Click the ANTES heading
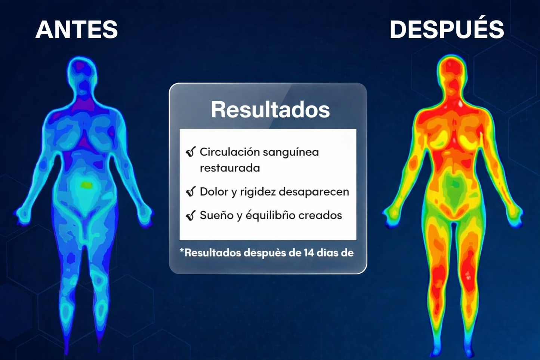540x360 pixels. (x=77, y=30)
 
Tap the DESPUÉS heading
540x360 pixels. (x=447, y=30)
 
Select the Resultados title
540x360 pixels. (x=270, y=110)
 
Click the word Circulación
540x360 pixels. (x=230, y=152)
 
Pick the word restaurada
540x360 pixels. (x=230, y=168)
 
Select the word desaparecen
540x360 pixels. (x=314, y=192)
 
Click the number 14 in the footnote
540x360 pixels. (x=309, y=253)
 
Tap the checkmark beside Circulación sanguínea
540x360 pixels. (x=191, y=152)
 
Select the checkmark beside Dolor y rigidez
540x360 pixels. (x=191, y=192)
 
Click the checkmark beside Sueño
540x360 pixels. (x=191, y=216)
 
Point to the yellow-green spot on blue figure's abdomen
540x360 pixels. (x=87, y=185)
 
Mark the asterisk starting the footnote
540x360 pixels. (x=182, y=251)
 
